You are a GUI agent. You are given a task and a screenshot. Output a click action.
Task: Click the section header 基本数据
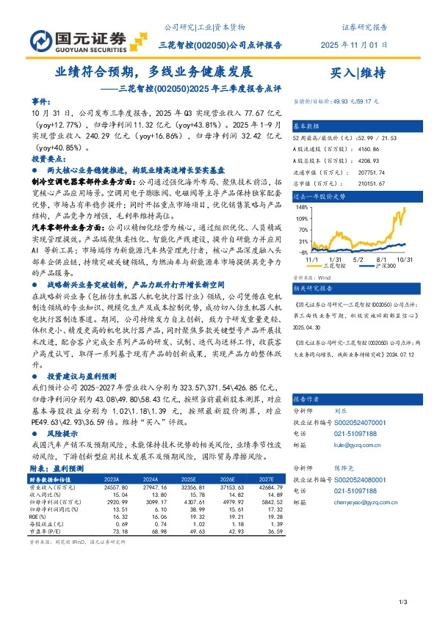click(308, 125)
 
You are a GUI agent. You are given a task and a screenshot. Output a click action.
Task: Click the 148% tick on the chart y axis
click(301, 206)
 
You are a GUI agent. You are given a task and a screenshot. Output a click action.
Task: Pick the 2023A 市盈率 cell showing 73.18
click(104, 531)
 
